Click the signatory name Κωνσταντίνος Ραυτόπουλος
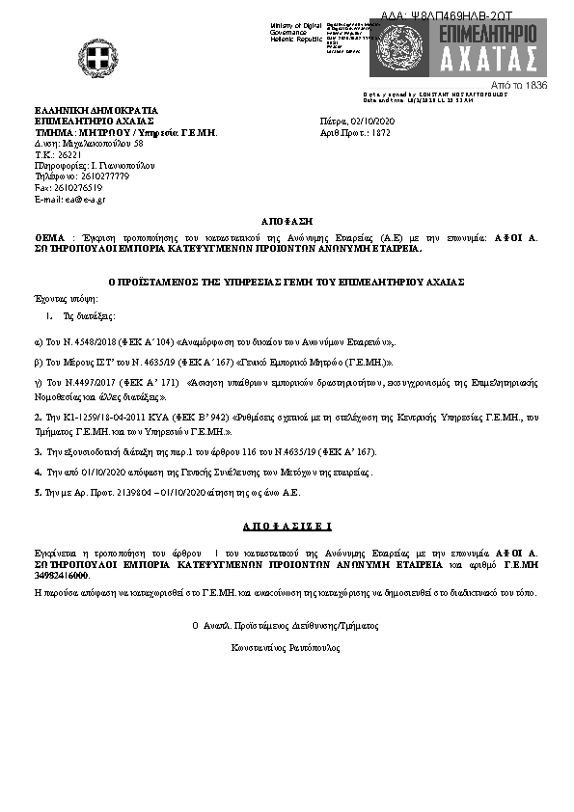[x=287, y=648]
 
